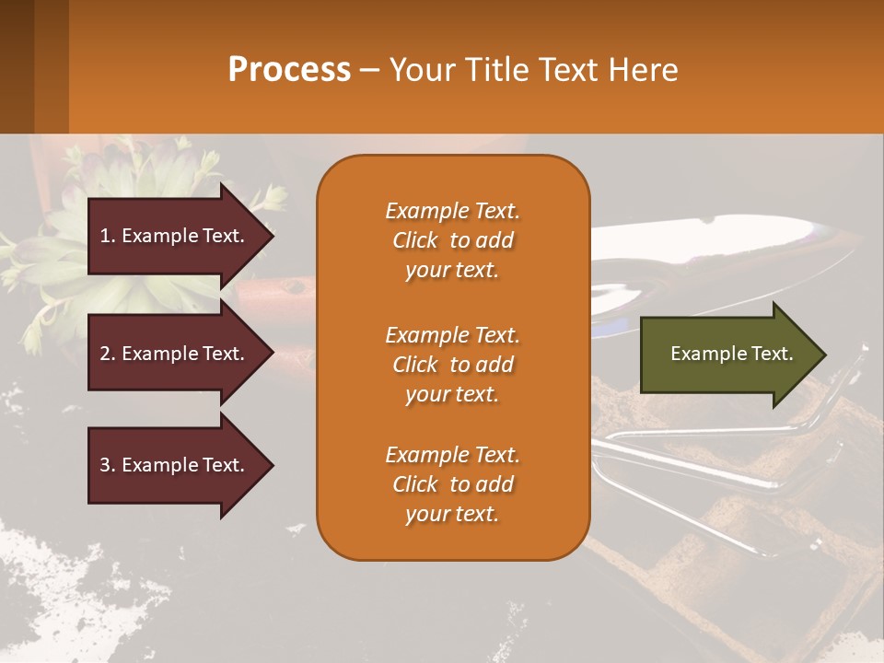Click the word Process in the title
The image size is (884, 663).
[289, 70]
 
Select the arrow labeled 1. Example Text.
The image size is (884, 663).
[175, 236]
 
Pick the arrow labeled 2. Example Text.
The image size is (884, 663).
[175, 354]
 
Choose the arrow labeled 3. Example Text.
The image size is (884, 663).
[175, 465]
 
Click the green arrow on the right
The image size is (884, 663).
[727, 354]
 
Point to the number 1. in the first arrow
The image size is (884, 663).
[108, 236]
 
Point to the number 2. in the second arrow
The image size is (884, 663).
[108, 354]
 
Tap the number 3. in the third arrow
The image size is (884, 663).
[108, 465]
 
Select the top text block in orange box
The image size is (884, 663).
[452, 240]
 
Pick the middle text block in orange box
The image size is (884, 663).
[452, 365]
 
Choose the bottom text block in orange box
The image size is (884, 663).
[452, 484]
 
